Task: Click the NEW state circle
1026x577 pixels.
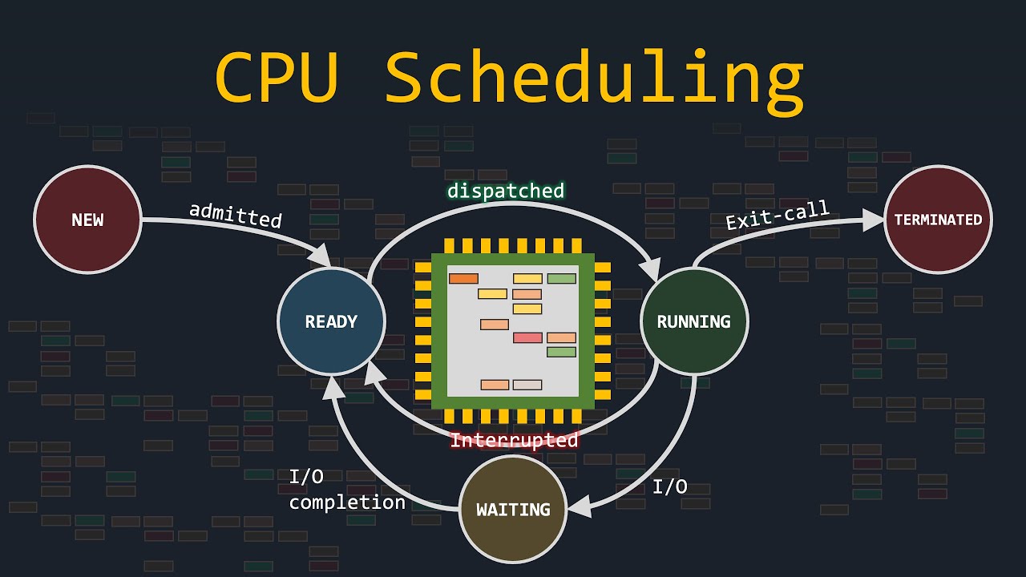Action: point(87,220)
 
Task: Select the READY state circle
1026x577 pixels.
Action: point(331,321)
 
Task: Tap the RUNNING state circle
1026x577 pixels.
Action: point(693,321)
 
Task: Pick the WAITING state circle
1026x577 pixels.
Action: point(513,510)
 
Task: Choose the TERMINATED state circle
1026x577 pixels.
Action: point(938,220)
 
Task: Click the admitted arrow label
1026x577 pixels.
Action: point(236,215)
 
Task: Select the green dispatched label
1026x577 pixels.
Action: point(506,191)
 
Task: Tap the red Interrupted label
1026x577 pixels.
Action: point(514,440)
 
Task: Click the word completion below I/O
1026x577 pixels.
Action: point(347,502)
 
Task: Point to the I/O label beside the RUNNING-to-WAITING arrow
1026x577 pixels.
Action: point(670,486)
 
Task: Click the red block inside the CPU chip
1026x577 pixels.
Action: point(527,337)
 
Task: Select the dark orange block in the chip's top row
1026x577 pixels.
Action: point(463,279)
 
